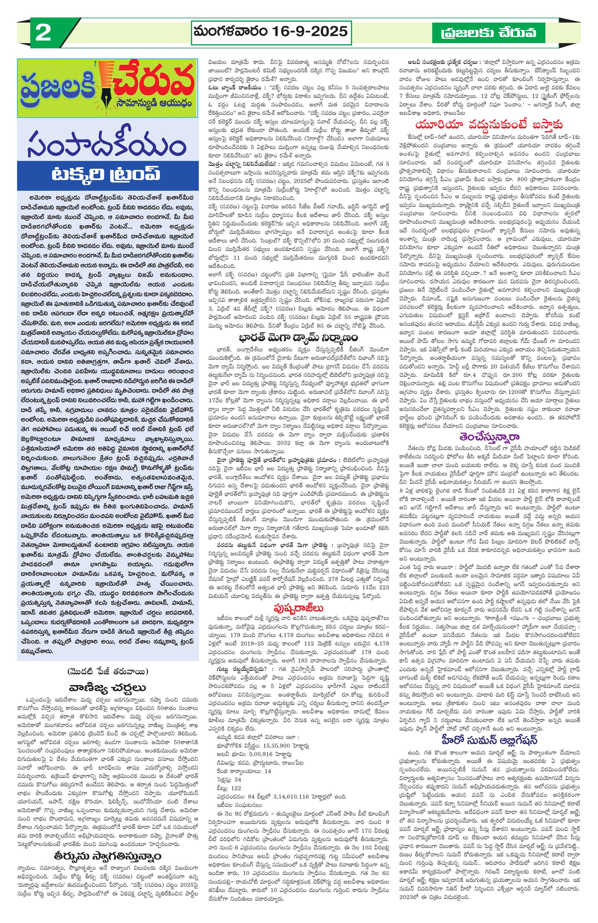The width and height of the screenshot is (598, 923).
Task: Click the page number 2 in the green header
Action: coord(43,34)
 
